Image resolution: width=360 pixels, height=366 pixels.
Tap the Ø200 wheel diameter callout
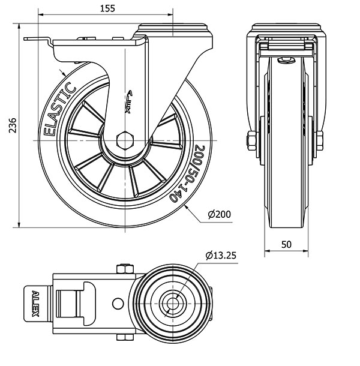click(x=219, y=214)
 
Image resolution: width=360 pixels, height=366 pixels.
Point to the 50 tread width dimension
click(x=286, y=244)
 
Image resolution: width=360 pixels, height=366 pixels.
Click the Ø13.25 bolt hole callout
click(x=220, y=255)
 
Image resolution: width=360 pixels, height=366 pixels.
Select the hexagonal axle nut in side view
click(x=125, y=140)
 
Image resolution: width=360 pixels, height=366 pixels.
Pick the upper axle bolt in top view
click(x=124, y=268)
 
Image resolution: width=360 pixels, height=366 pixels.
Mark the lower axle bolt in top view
click(x=124, y=337)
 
